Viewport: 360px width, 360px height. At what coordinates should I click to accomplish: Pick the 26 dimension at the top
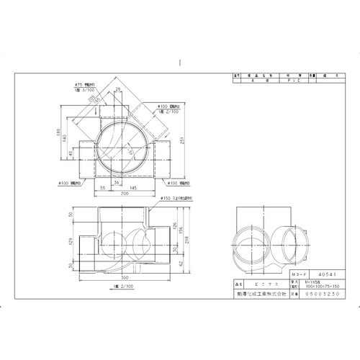[x=118, y=89]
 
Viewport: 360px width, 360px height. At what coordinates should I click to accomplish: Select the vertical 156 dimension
[x=181, y=231]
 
